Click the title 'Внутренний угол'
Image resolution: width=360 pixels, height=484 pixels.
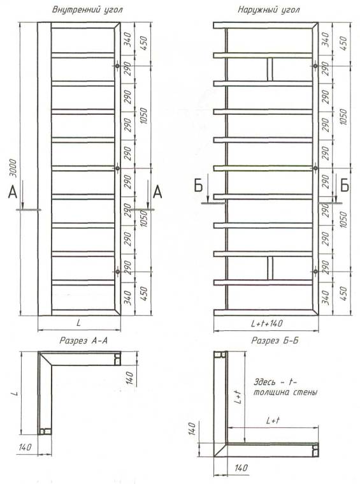pos(87,10)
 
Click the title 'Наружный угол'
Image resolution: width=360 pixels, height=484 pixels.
pos(268,10)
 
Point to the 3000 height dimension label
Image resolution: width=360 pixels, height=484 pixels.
pos(13,168)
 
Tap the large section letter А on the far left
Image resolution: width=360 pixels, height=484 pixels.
pos(12,193)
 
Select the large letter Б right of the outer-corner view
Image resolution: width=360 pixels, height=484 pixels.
pos(345,185)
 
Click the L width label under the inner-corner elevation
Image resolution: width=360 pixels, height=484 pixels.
pos(79,323)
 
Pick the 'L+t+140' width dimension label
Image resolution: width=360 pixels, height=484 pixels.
pos(266,323)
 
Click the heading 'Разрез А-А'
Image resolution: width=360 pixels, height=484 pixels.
pos(83,341)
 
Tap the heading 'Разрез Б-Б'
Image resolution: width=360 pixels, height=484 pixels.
pos(275,341)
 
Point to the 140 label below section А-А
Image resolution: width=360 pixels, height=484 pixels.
pos(25,446)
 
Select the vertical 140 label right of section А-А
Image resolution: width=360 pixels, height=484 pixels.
pos(130,378)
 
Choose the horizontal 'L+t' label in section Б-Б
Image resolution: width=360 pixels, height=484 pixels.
pos(273,420)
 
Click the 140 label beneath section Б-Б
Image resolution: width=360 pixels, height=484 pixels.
pos(241,467)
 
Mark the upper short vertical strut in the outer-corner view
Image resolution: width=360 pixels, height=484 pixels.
pos(270,70)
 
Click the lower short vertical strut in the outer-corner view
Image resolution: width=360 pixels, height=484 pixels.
pos(270,268)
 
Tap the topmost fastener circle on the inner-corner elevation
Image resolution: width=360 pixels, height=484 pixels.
pos(117,66)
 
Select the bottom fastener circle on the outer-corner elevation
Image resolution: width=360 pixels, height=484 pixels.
pos(315,272)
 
